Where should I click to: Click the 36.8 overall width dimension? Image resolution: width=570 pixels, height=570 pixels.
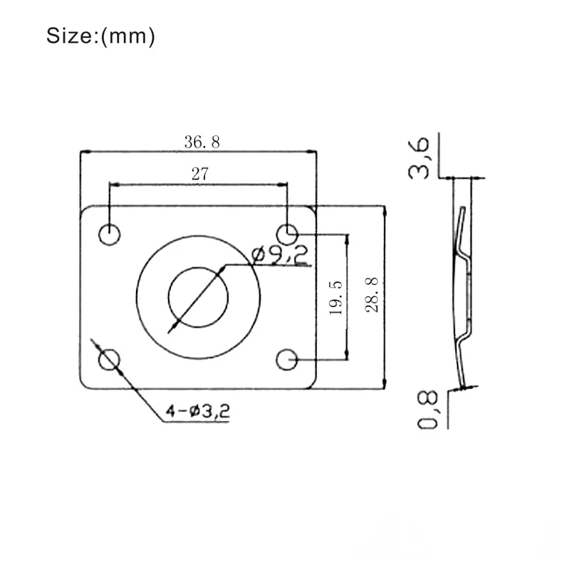point(202,141)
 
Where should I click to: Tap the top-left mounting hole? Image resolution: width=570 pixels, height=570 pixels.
point(110,234)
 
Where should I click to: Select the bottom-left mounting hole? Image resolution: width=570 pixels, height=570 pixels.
point(109,360)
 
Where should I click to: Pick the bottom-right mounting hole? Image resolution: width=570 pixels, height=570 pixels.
point(287,360)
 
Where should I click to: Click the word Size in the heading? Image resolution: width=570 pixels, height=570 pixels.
point(68,36)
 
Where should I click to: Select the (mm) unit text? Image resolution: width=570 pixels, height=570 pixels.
point(128,36)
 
